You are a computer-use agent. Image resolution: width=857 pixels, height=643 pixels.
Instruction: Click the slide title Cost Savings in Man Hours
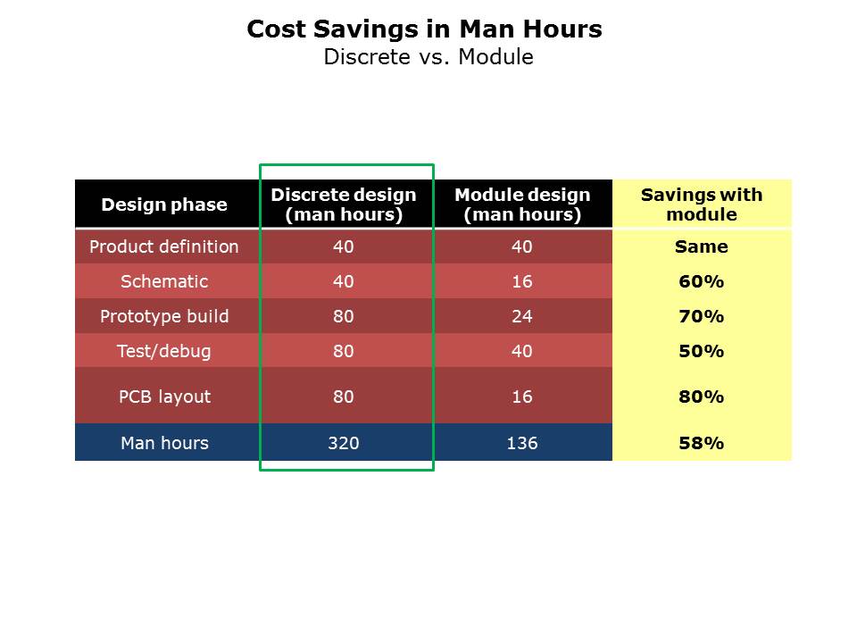[424, 29]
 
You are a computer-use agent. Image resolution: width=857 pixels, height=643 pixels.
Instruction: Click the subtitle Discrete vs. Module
[428, 57]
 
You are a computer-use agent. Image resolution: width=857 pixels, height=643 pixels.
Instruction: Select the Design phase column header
[164, 205]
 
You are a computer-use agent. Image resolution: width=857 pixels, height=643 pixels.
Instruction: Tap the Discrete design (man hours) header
[344, 205]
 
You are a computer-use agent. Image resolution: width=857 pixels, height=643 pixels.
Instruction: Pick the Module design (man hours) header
[522, 205]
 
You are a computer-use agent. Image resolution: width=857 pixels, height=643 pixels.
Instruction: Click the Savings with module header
[702, 205]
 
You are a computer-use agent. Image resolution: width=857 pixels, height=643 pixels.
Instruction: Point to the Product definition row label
[164, 246]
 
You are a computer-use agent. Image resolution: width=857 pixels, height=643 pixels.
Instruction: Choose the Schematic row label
[164, 281]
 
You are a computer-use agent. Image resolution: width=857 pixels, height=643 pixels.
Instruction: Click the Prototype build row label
[164, 316]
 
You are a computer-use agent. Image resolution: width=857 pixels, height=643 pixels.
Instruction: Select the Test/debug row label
[164, 351]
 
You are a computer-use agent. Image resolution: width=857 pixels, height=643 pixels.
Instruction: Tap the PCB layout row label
[164, 397]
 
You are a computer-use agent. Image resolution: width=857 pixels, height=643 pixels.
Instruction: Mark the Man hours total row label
[164, 443]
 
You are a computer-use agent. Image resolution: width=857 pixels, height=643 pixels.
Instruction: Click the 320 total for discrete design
[344, 443]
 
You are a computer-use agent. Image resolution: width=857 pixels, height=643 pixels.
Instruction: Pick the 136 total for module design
[522, 443]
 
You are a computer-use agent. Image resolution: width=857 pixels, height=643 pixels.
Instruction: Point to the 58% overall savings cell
[702, 443]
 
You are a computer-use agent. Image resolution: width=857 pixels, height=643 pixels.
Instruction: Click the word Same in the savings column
[702, 246]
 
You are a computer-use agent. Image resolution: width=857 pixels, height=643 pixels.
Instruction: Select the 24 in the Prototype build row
[522, 316]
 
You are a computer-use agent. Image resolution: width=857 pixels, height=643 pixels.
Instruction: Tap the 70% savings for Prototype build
[702, 316]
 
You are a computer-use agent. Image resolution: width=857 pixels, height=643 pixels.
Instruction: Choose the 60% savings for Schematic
[702, 281]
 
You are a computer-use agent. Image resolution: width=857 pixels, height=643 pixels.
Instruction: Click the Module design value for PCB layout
[522, 397]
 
